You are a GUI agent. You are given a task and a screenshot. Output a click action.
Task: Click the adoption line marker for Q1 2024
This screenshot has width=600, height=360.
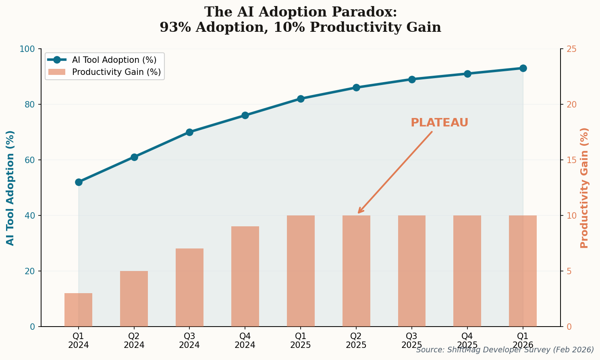coord(79,182)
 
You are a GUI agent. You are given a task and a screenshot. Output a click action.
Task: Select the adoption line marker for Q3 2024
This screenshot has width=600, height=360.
coord(189,132)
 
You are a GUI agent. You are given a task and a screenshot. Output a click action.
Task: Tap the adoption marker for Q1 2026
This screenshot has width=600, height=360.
coord(523,68)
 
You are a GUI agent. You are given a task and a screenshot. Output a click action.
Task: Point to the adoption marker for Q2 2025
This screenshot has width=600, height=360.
coord(356,87)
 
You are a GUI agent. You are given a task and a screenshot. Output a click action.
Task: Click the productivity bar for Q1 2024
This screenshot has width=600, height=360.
coord(79,310)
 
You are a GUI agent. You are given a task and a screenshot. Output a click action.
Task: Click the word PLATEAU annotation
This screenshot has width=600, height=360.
coord(439,123)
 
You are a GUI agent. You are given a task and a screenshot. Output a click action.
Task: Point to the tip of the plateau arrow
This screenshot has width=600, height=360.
coord(358,213)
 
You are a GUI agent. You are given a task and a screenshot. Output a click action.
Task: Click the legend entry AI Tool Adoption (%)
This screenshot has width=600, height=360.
coord(114,60)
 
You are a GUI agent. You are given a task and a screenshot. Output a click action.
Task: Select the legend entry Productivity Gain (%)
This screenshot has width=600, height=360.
coord(116,72)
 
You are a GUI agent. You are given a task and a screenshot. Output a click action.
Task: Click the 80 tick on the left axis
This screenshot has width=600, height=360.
coord(30,104)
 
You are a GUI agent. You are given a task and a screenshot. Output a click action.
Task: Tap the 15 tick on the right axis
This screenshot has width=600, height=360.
coord(572,160)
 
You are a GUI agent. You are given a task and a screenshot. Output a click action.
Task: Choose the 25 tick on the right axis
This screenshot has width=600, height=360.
coord(572,49)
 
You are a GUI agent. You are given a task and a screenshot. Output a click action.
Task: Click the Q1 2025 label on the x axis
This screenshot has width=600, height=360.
coord(301,340)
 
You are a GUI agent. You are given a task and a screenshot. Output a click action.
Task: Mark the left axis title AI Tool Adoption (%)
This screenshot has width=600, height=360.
coord(10,188)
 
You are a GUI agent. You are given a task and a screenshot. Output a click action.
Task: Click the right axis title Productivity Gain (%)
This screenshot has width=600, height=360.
coord(584,188)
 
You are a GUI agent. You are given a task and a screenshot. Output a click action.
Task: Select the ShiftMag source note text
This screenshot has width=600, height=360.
coord(505,350)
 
